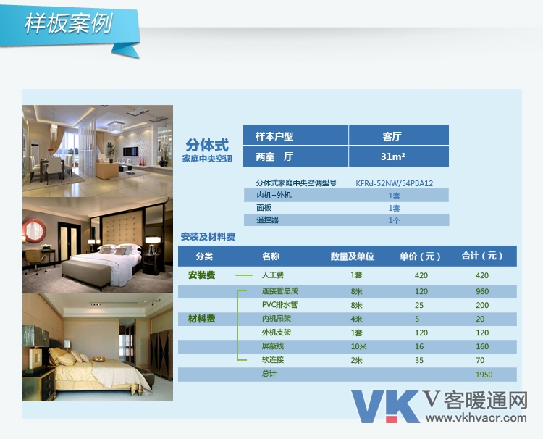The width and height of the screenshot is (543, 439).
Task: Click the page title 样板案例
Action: (x=69, y=24)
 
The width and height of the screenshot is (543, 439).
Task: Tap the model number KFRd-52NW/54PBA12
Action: (x=394, y=183)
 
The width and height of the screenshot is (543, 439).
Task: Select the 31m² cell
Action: (x=399, y=156)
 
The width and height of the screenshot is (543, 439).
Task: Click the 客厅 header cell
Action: (x=399, y=135)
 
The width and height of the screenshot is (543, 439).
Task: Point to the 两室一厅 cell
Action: (x=295, y=156)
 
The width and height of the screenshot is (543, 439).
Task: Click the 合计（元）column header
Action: (x=482, y=256)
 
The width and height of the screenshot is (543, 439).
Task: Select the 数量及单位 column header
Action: (x=352, y=256)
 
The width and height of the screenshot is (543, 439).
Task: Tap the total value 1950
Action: (x=484, y=375)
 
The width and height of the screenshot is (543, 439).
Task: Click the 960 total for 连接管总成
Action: (x=482, y=291)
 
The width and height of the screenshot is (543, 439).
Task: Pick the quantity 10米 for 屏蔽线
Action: (x=358, y=346)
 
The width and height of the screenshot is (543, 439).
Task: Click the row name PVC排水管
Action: (x=279, y=305)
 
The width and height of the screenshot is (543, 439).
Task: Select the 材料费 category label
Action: (x=201, y=319)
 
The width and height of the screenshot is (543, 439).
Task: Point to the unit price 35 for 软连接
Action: (x=419, y=360)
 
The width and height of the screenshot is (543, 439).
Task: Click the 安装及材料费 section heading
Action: (x=208, y=237)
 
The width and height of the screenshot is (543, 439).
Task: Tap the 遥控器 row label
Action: (x=267, y=220)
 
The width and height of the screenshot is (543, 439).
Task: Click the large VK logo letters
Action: (x=385, y=406)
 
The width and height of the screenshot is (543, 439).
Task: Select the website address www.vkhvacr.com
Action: (x=476, y=417)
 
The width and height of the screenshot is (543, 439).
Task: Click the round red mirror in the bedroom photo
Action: (x=34, y=230)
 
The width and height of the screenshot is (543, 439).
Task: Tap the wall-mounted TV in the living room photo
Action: (x=130, y=151)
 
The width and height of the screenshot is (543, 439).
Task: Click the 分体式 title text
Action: (x=207, y=145)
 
